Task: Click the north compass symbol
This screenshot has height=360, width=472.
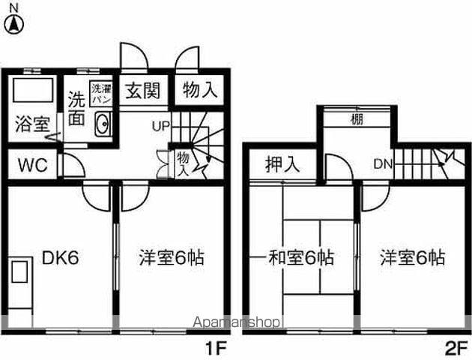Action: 13,25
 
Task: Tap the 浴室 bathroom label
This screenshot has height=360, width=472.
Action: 32,124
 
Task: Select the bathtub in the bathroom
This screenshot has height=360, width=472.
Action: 33,90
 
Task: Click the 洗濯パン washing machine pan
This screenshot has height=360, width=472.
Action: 101,94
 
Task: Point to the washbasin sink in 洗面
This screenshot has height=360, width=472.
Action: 103,124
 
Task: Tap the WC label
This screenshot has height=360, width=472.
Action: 33,165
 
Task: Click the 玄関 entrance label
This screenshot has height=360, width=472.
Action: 142,91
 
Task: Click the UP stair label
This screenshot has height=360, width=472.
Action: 161,126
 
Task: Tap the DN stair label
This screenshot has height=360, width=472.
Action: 383,164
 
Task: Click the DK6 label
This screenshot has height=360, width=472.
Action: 61,258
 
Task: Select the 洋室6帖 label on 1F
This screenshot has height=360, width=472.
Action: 172,258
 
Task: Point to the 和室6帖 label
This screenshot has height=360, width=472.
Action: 301,258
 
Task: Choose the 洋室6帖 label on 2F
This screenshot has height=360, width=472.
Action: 412,258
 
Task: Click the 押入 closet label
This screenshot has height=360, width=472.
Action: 282,164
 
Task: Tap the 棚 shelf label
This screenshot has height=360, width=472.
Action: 357,119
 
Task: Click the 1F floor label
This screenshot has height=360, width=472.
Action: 215,349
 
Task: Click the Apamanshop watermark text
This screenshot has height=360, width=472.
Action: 237,322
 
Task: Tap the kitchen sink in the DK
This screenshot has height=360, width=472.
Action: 20,271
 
